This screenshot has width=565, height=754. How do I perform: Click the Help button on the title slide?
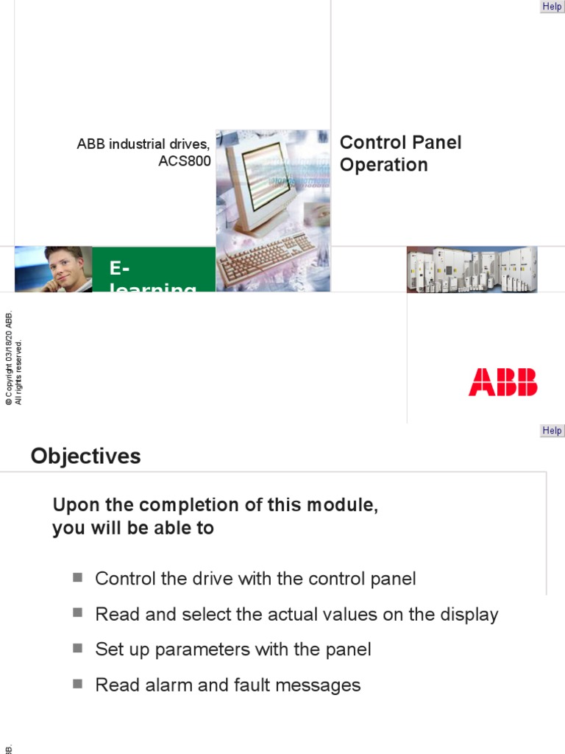point(552,7)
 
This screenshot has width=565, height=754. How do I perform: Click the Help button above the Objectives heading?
point(552,431)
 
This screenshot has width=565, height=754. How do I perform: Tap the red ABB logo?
point(503,383)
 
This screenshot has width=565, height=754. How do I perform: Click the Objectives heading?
point(85,457)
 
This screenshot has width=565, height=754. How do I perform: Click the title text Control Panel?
point(400,142)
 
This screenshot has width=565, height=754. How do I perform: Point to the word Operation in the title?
point(383,165)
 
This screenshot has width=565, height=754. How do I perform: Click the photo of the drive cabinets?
point(472,269)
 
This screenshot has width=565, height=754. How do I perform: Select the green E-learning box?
point(154,270)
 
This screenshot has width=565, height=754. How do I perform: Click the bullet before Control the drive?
point(78,577)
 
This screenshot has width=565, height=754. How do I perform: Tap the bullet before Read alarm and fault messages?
point(78,684)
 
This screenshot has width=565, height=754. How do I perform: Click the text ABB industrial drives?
point(143,144)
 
